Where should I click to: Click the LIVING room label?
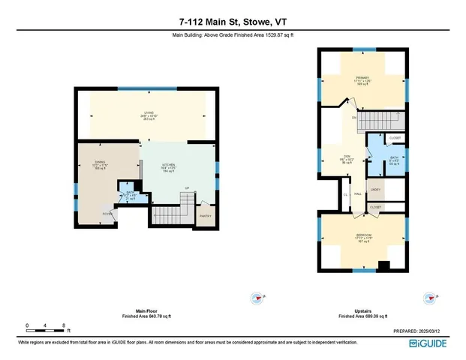pos(149,112)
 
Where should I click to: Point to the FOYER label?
pos(107,214)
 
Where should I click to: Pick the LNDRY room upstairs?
pos(375,190)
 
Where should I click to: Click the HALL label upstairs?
pos(359,194)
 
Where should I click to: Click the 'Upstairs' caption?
pos(362,310)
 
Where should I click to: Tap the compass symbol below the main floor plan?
pos(257,297)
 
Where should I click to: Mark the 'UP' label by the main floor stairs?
pos(186,188)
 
